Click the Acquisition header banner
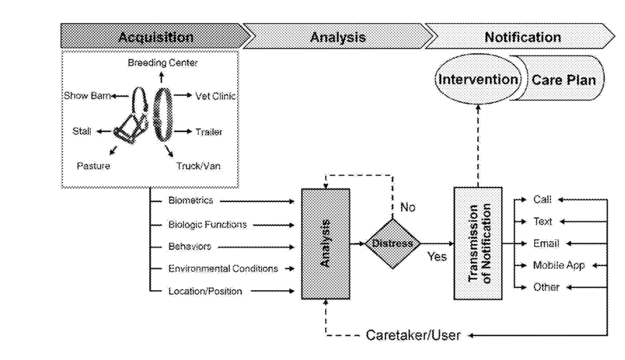(x=156, y=36)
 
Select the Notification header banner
(x=522, y=36)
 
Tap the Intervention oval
(x=478, y=79)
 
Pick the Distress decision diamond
(x=393, y=243)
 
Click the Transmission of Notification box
(x=478, y=243)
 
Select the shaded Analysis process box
(x=326, y=243)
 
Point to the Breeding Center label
(x=163, y=63)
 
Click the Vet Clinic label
(x=216, y=96)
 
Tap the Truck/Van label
(x=198, y=166)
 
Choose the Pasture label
(x=93, y=166)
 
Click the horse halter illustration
(x=131, y=115)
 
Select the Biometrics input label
(x=190, y=201)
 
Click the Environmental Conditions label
(x=223, y=268)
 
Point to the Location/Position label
(x=205, y=291)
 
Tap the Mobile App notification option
(x=559, y=265)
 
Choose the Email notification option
(x=546, y=243)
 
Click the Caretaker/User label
(x=413, y=335)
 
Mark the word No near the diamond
(x=408, y=207)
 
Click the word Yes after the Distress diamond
(x=437, y=256)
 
